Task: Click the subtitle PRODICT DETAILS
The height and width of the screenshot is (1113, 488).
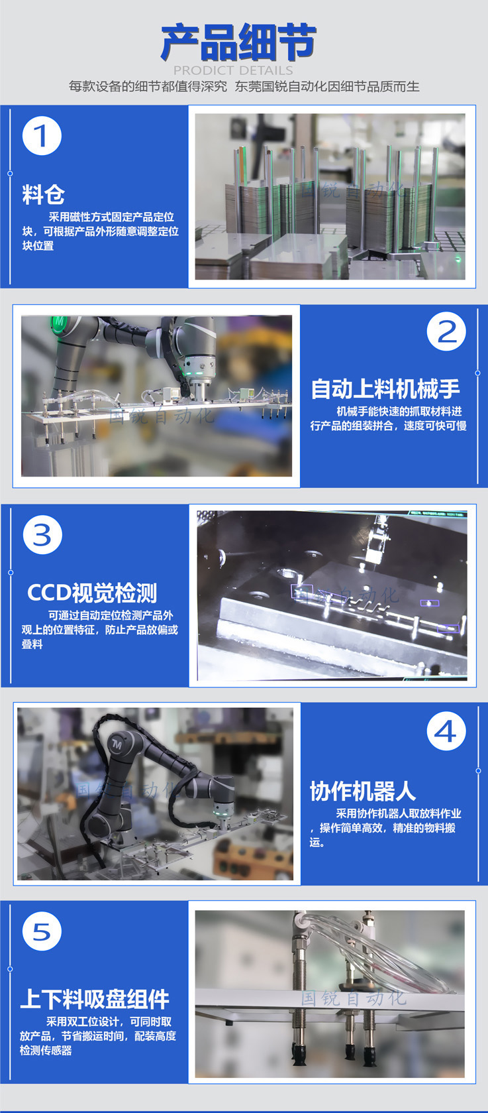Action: click(x=233, y=70)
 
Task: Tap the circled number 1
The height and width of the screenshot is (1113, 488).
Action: click(x=42, y=136)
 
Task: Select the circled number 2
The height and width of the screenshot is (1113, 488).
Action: click(x=446, y=331)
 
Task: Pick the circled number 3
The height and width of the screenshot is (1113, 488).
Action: click(x=42, y=535)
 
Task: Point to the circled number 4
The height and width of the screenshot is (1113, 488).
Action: click(x=446, y=731)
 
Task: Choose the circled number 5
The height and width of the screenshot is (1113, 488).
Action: click(x=42, y=931)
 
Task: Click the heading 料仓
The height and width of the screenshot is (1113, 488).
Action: click(x=43, y=194)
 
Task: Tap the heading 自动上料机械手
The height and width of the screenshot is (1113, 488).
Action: click(x=385, y=388)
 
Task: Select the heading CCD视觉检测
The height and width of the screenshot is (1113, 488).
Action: click(x=92, y=592)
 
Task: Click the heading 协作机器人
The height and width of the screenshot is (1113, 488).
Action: click(x=363, y=791)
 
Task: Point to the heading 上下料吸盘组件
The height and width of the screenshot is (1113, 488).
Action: click(x=95, y=1000)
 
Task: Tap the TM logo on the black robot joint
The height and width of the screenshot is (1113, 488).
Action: click(x=117, y=744)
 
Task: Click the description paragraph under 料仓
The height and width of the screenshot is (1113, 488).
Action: click(x=100, y=231)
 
